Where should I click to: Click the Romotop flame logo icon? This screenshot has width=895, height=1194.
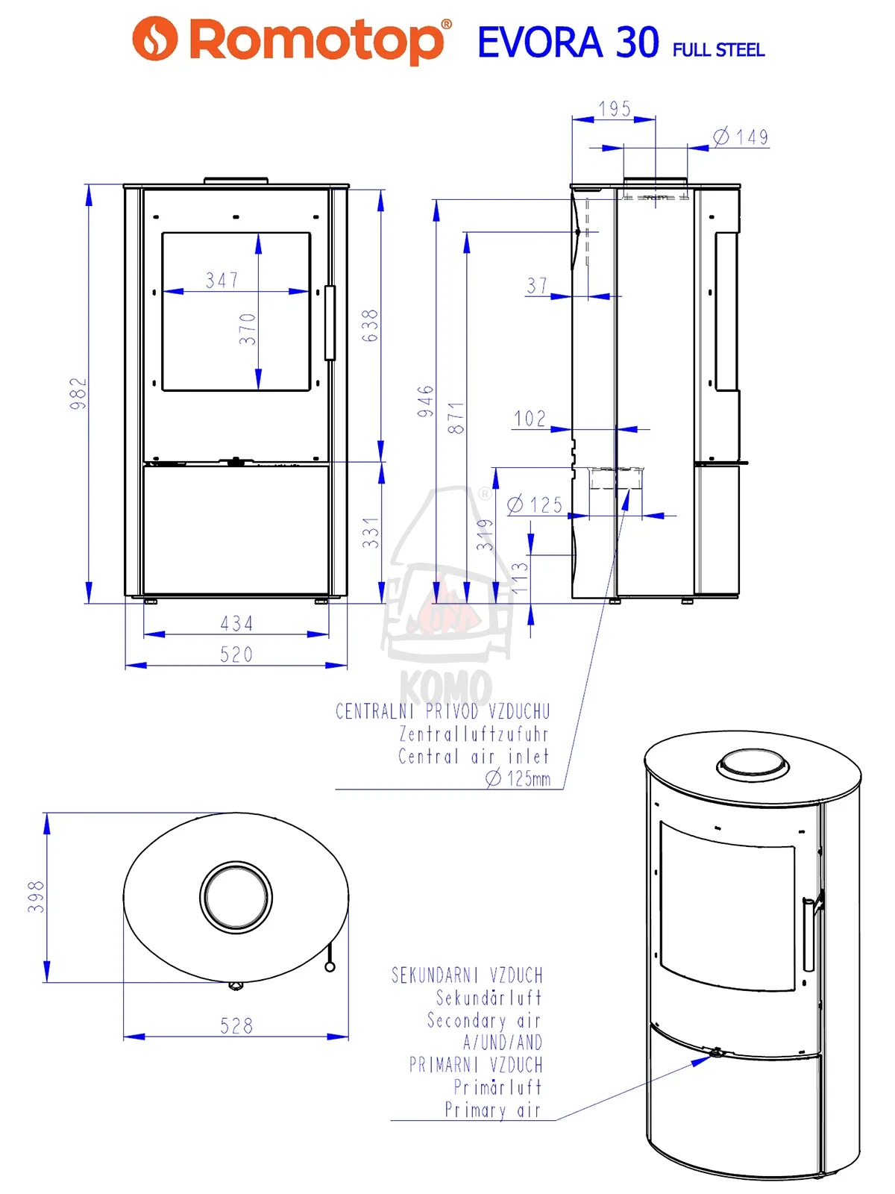pos(155,38)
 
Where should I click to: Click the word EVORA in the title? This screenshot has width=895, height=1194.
pos(540,42)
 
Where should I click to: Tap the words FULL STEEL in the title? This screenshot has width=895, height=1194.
pos(718,50)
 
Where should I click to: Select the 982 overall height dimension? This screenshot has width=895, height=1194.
pos(78,393)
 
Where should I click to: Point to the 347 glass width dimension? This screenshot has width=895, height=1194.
pos(222,280)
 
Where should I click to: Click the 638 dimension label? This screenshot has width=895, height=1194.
pos(369,325)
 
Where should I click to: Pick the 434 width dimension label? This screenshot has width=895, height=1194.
pos(236,623)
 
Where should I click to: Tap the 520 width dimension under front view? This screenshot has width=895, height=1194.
pos(236,654)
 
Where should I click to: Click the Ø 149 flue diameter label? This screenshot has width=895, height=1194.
pos(741,137)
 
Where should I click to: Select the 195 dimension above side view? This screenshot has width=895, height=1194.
pos(615,109)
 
